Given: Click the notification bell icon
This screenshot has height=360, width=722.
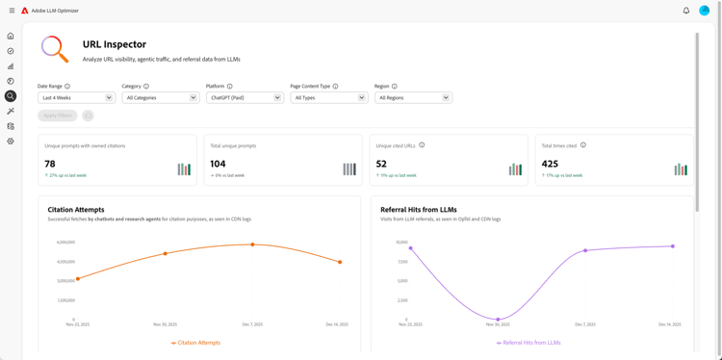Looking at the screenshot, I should click(686, 11).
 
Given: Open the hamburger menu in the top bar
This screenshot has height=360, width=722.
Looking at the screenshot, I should click(12, 11).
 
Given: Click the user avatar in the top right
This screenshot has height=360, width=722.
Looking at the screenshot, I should click(705, 11).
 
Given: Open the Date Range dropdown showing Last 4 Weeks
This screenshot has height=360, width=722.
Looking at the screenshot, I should click(76, 97).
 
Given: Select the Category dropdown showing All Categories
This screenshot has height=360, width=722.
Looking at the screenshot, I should click(160, 97).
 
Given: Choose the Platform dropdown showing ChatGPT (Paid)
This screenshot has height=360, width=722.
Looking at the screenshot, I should click(245, 97).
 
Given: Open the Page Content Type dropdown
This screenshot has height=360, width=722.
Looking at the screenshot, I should click(328, 97).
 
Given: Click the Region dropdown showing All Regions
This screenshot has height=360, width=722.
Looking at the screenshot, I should click(413, 97).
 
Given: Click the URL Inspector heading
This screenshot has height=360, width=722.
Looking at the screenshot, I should click(115, 44).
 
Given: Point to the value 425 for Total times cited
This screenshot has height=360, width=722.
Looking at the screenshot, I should click(550, 164).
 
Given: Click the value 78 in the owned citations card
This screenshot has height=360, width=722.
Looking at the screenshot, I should click(50, 164).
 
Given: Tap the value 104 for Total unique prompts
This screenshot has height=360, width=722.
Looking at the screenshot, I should click(218, 164).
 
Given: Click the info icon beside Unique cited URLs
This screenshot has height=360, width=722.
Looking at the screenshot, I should click(422, 145).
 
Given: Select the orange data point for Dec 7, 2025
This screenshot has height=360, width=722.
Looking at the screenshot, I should click(252, 244).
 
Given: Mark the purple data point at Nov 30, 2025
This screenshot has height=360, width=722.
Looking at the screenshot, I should click(498, 320).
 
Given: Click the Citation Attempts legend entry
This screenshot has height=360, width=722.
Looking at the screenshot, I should click(196, 343).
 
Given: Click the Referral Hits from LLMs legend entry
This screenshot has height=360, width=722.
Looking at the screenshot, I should click(528, 343).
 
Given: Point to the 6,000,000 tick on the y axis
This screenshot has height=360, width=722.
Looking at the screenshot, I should click(65, 243).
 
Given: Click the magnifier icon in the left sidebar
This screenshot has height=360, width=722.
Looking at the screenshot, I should click(11, 96).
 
